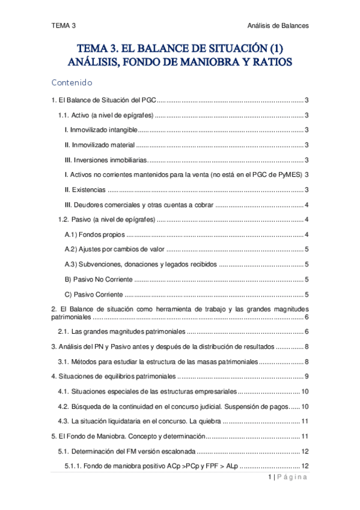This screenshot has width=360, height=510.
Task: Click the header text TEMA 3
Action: click(x=64, y=25)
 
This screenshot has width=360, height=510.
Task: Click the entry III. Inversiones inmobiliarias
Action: click(x=105, y=160)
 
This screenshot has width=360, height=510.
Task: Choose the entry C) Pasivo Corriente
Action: click(x=93, y=294)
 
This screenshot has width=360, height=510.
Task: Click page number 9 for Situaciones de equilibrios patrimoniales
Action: click(x=307, y=376)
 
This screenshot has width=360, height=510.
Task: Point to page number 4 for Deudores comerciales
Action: click(x=307, y=205)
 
